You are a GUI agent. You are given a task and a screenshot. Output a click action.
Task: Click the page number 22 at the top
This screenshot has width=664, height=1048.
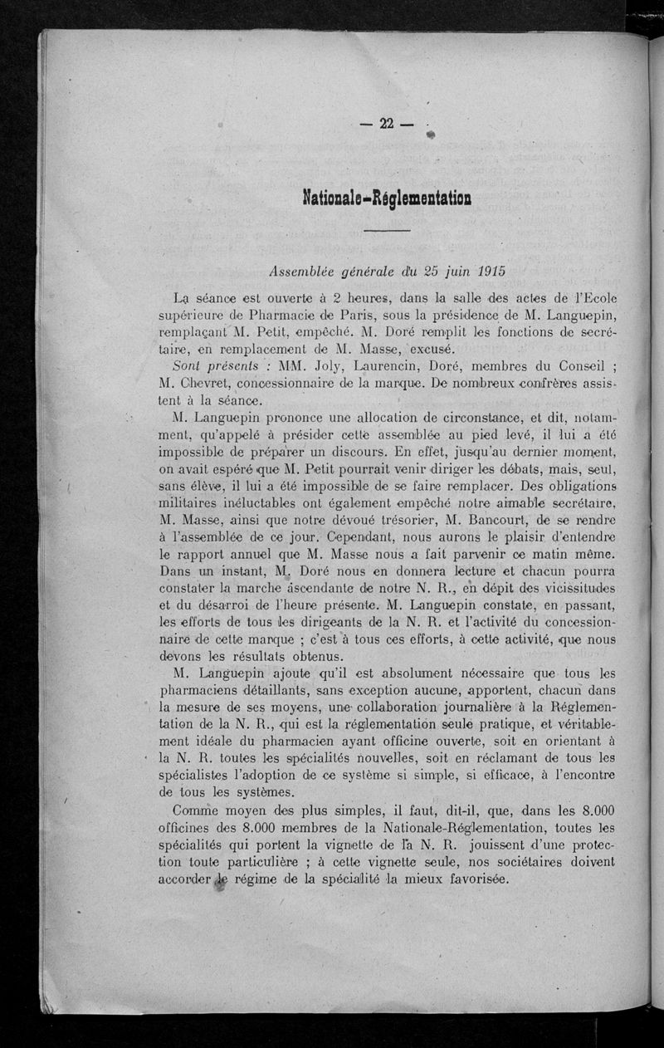pos(386,124)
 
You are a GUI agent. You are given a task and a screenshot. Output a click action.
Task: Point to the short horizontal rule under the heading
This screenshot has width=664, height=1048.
pos(387,230)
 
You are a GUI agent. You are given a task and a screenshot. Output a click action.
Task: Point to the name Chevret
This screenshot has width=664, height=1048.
pos(223,384)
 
